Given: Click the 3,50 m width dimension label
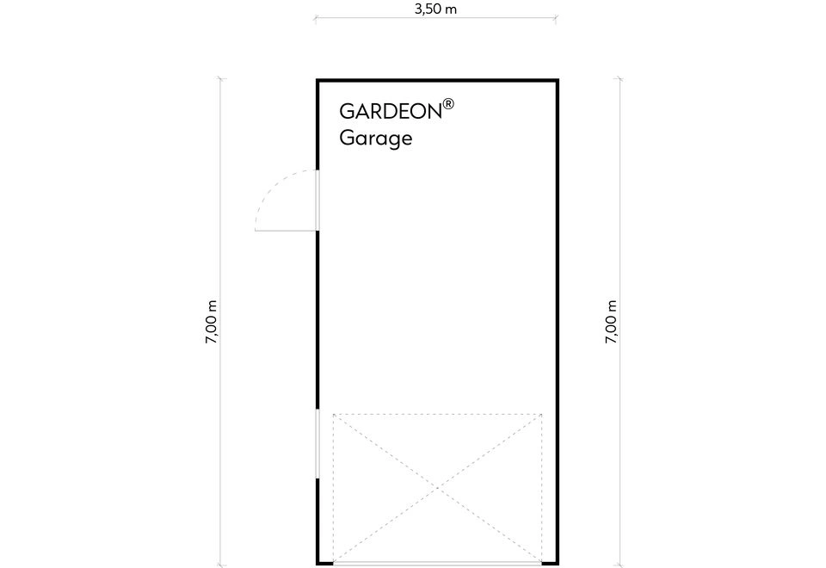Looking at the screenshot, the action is coord(435,9).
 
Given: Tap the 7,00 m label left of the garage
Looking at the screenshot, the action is coord(212,322).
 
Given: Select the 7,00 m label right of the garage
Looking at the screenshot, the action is coord(611,322).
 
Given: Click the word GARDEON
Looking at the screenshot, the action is coord(391,111).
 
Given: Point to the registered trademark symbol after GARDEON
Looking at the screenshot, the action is coord(448,103).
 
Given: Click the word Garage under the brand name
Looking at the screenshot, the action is coord(376,139).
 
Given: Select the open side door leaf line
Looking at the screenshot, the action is coord(286,231).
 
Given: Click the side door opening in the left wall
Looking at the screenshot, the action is coord(317,201).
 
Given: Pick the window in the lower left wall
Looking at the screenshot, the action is coord(317,444).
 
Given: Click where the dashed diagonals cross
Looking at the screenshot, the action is coord(438,489).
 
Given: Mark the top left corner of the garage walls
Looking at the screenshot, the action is coord(317,80).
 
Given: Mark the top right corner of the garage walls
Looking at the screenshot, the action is coord(558,80).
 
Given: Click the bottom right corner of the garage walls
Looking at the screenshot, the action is coord(558,564).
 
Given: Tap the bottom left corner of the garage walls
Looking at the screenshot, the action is coord(317,564).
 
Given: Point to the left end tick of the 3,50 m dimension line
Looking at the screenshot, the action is coord(315,18).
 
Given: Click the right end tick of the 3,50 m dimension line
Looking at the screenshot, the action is coord(557,18).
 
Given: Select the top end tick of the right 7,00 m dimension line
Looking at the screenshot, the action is coord(619,79).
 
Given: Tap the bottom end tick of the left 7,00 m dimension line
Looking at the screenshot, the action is coord(219,565).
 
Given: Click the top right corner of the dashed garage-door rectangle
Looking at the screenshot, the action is coord(541,414).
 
